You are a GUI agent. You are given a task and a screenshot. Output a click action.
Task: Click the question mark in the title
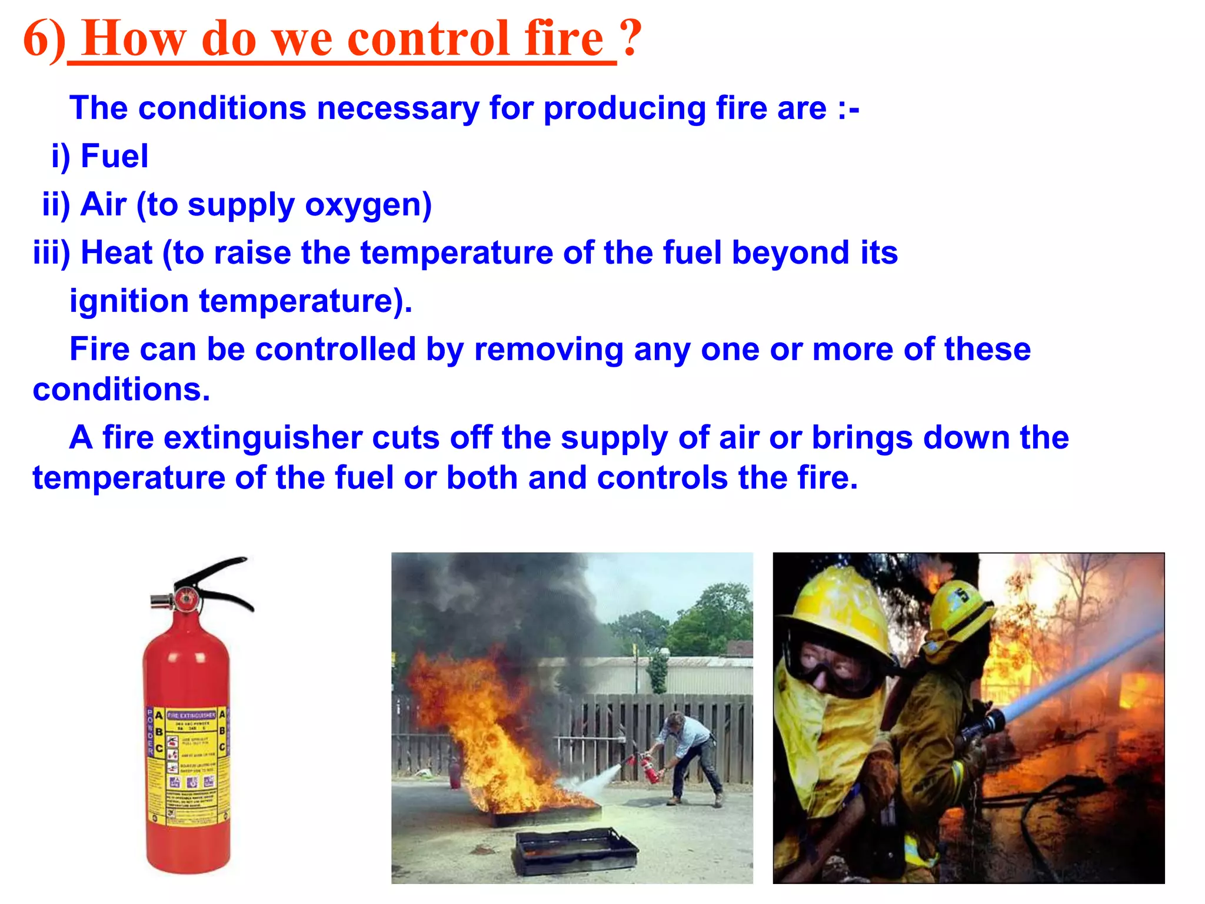pos(630,39)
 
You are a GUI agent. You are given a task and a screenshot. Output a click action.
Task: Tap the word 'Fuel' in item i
pos(114,157)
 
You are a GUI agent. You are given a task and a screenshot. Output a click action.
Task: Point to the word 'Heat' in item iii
pos(116,253)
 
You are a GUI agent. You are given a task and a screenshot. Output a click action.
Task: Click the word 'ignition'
pos(129,301)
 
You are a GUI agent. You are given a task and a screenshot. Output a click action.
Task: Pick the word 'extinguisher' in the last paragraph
pos(262,438)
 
